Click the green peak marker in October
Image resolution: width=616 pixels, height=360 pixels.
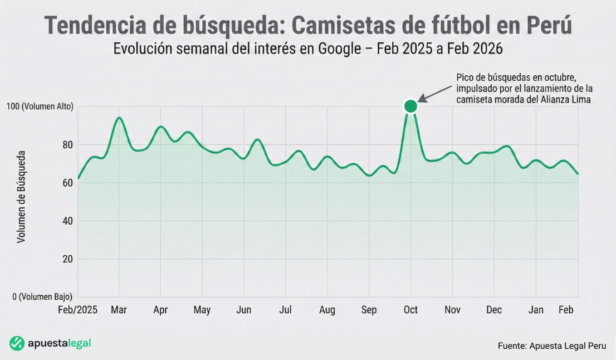tap(410, 106)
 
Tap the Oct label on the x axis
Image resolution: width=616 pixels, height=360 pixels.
tap(410, 310)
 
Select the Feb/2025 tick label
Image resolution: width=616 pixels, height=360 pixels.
tap(77, 310)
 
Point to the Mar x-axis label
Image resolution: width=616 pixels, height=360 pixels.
tap(119, 310)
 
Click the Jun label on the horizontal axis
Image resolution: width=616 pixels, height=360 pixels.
tap(244, 310)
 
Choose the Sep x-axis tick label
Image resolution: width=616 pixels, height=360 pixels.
tap(369, 310)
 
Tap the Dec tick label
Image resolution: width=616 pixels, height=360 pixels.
tap(494, 310)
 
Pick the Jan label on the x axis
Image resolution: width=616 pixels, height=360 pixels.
tap(536, 310)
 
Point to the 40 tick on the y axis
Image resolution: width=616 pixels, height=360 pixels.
tap(68, 221)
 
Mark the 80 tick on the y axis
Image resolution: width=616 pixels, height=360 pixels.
tap(68, 145)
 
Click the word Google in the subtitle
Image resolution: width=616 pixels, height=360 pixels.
tap(339, 49)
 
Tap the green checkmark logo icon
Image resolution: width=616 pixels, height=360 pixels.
tap(17, 343)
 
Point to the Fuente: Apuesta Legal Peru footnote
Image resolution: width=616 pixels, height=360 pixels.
tap(551, 346)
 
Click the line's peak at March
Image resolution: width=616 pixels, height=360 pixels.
tap(119, 118)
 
